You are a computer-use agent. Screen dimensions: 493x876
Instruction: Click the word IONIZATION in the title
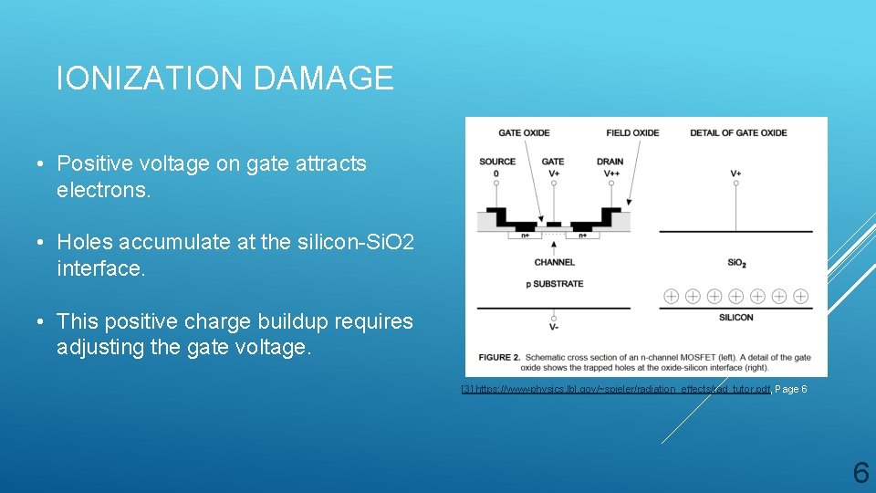pos(151,79)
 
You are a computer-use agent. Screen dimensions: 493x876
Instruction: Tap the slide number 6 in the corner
pos(860,472)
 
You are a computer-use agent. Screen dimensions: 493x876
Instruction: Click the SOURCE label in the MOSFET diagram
pos(497,162)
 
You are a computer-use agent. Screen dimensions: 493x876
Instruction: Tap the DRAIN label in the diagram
pos(610,162)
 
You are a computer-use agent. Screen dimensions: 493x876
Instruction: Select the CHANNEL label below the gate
pos(555,262)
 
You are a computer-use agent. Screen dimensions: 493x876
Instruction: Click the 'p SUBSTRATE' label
pos(554,283)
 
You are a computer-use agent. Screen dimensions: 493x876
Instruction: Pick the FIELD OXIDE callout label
pos(632,132)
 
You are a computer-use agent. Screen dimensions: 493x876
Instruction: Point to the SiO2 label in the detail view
pos(736,263)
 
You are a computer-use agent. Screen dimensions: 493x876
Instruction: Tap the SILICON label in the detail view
pos(735,317)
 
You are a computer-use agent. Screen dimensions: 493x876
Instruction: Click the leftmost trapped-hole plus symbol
pos(671,296)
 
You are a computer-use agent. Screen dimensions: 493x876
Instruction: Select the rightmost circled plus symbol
pos(801,296)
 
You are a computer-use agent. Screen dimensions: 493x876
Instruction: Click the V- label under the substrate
pos(553,326)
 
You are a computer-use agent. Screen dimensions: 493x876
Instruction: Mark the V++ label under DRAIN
pos(610,173)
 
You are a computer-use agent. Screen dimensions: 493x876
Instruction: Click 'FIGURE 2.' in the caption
pos(498,357)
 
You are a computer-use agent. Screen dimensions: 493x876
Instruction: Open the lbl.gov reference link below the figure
pos(616,389)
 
